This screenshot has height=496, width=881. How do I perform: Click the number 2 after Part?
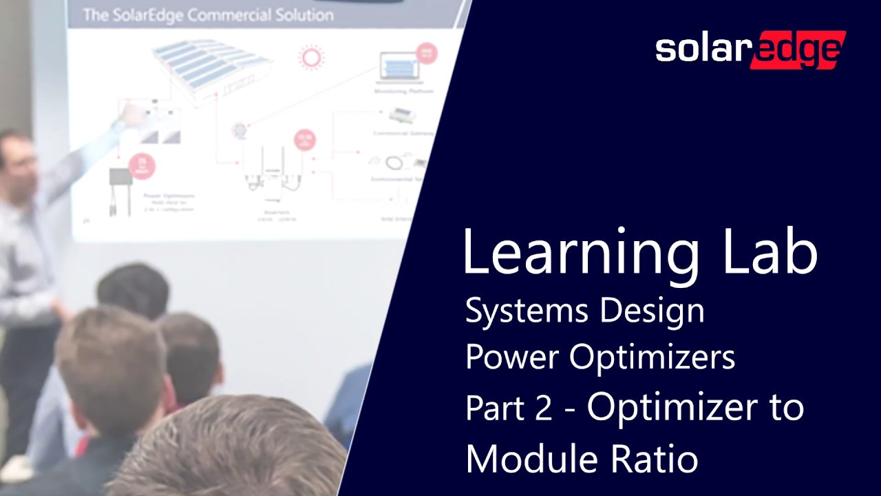pos(542,408)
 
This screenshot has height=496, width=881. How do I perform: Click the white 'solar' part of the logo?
pos(699,50)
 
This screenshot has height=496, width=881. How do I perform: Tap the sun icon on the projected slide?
pos(312,56)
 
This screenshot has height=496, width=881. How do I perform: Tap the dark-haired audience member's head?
pos(134,289)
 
